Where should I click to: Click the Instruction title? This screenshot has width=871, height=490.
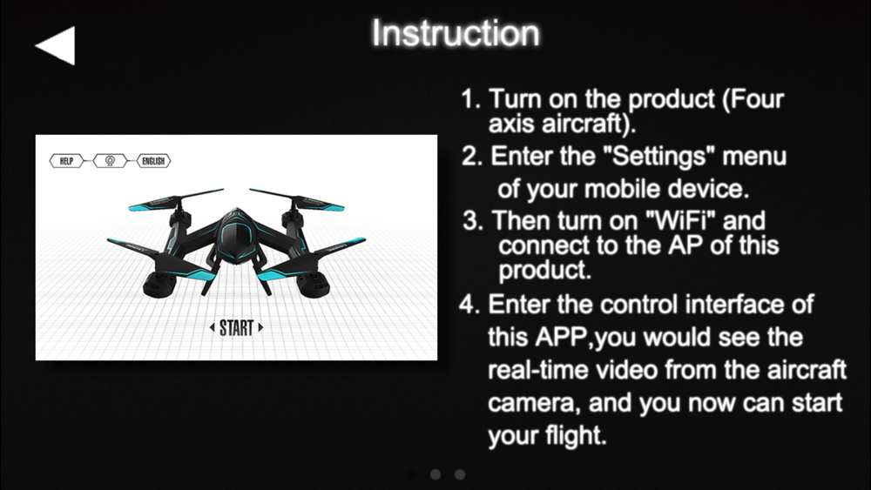(456, 33)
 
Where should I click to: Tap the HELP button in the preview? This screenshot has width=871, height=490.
(66, 161)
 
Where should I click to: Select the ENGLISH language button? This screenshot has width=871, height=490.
(153, 161)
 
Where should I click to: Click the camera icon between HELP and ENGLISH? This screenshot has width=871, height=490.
(110, 161)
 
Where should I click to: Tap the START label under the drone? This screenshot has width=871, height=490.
(237, 328)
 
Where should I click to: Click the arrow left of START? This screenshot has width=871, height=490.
(213, 327)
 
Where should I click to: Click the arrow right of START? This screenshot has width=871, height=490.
(260, 327)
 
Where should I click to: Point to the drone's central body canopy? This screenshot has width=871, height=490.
(237, 236)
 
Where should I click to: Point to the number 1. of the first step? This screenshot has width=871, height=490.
(471, 99)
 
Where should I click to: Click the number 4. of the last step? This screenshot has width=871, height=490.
(469, 305)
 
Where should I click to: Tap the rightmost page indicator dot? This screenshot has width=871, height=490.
(460, 474)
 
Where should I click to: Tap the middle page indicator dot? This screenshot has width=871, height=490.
(435, 474)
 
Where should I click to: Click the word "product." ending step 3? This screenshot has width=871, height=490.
(544, 271)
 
